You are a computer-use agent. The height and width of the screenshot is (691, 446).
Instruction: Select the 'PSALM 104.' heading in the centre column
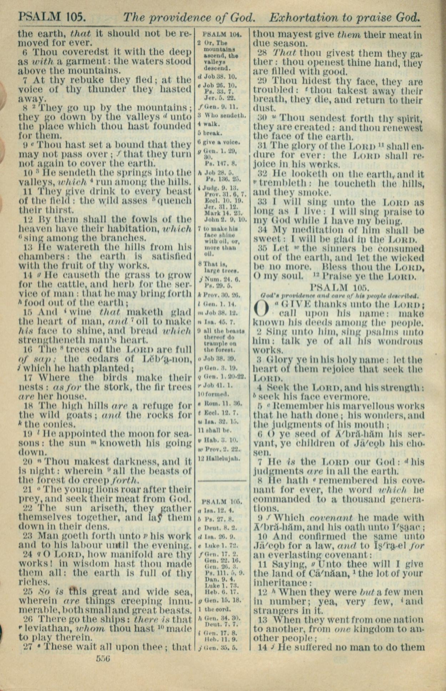click(x=222, y=35)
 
